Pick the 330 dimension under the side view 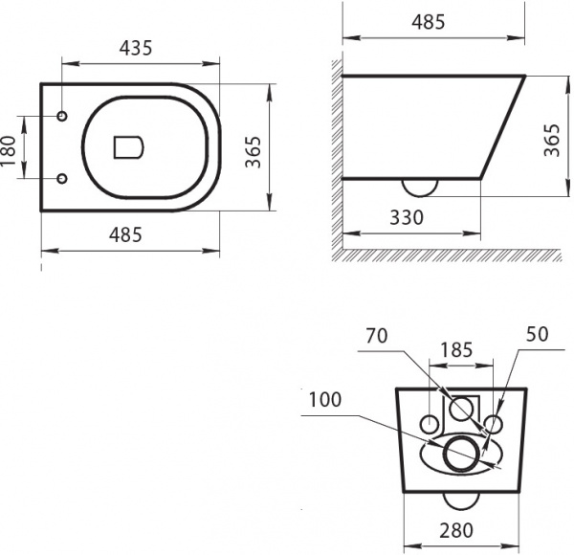click(x=406, y=217)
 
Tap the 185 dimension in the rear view click(x=457, y=351)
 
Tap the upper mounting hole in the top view click(x=63, y=117)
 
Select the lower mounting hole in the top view click(x=63, y=178)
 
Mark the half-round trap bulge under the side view click(x=419, y=186)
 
